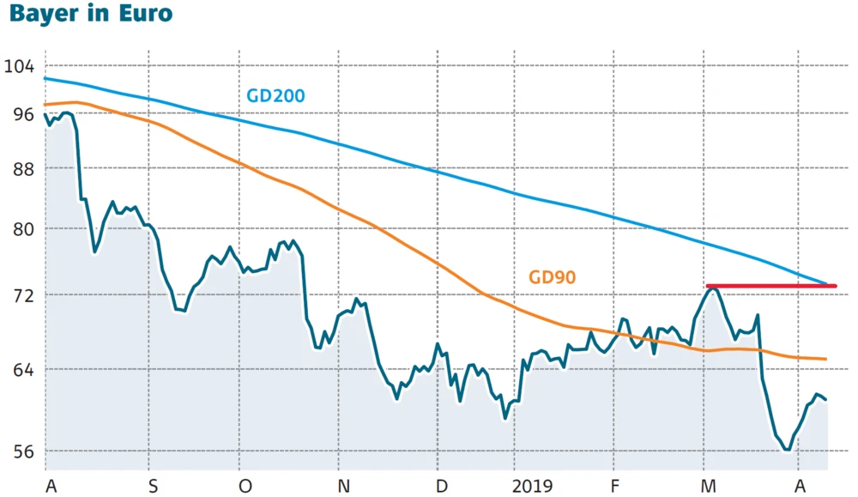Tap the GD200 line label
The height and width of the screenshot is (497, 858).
pos(276,95)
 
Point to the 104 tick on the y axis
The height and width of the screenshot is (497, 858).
pos(18,66)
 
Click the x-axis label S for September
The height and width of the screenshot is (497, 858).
pos(153,486)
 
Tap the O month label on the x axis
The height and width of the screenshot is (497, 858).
pos(245,486)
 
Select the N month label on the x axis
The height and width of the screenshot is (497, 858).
pos(343,486)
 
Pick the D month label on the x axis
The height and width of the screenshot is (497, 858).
pos(442,486)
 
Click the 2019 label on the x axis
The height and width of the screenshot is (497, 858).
pos(532,486)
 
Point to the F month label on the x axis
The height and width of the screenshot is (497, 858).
pos(615,486)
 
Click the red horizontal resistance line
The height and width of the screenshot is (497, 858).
pos(772,286)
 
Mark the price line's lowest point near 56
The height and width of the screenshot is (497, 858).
pos(787,449)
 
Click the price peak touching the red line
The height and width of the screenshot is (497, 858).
pos(712,288)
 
